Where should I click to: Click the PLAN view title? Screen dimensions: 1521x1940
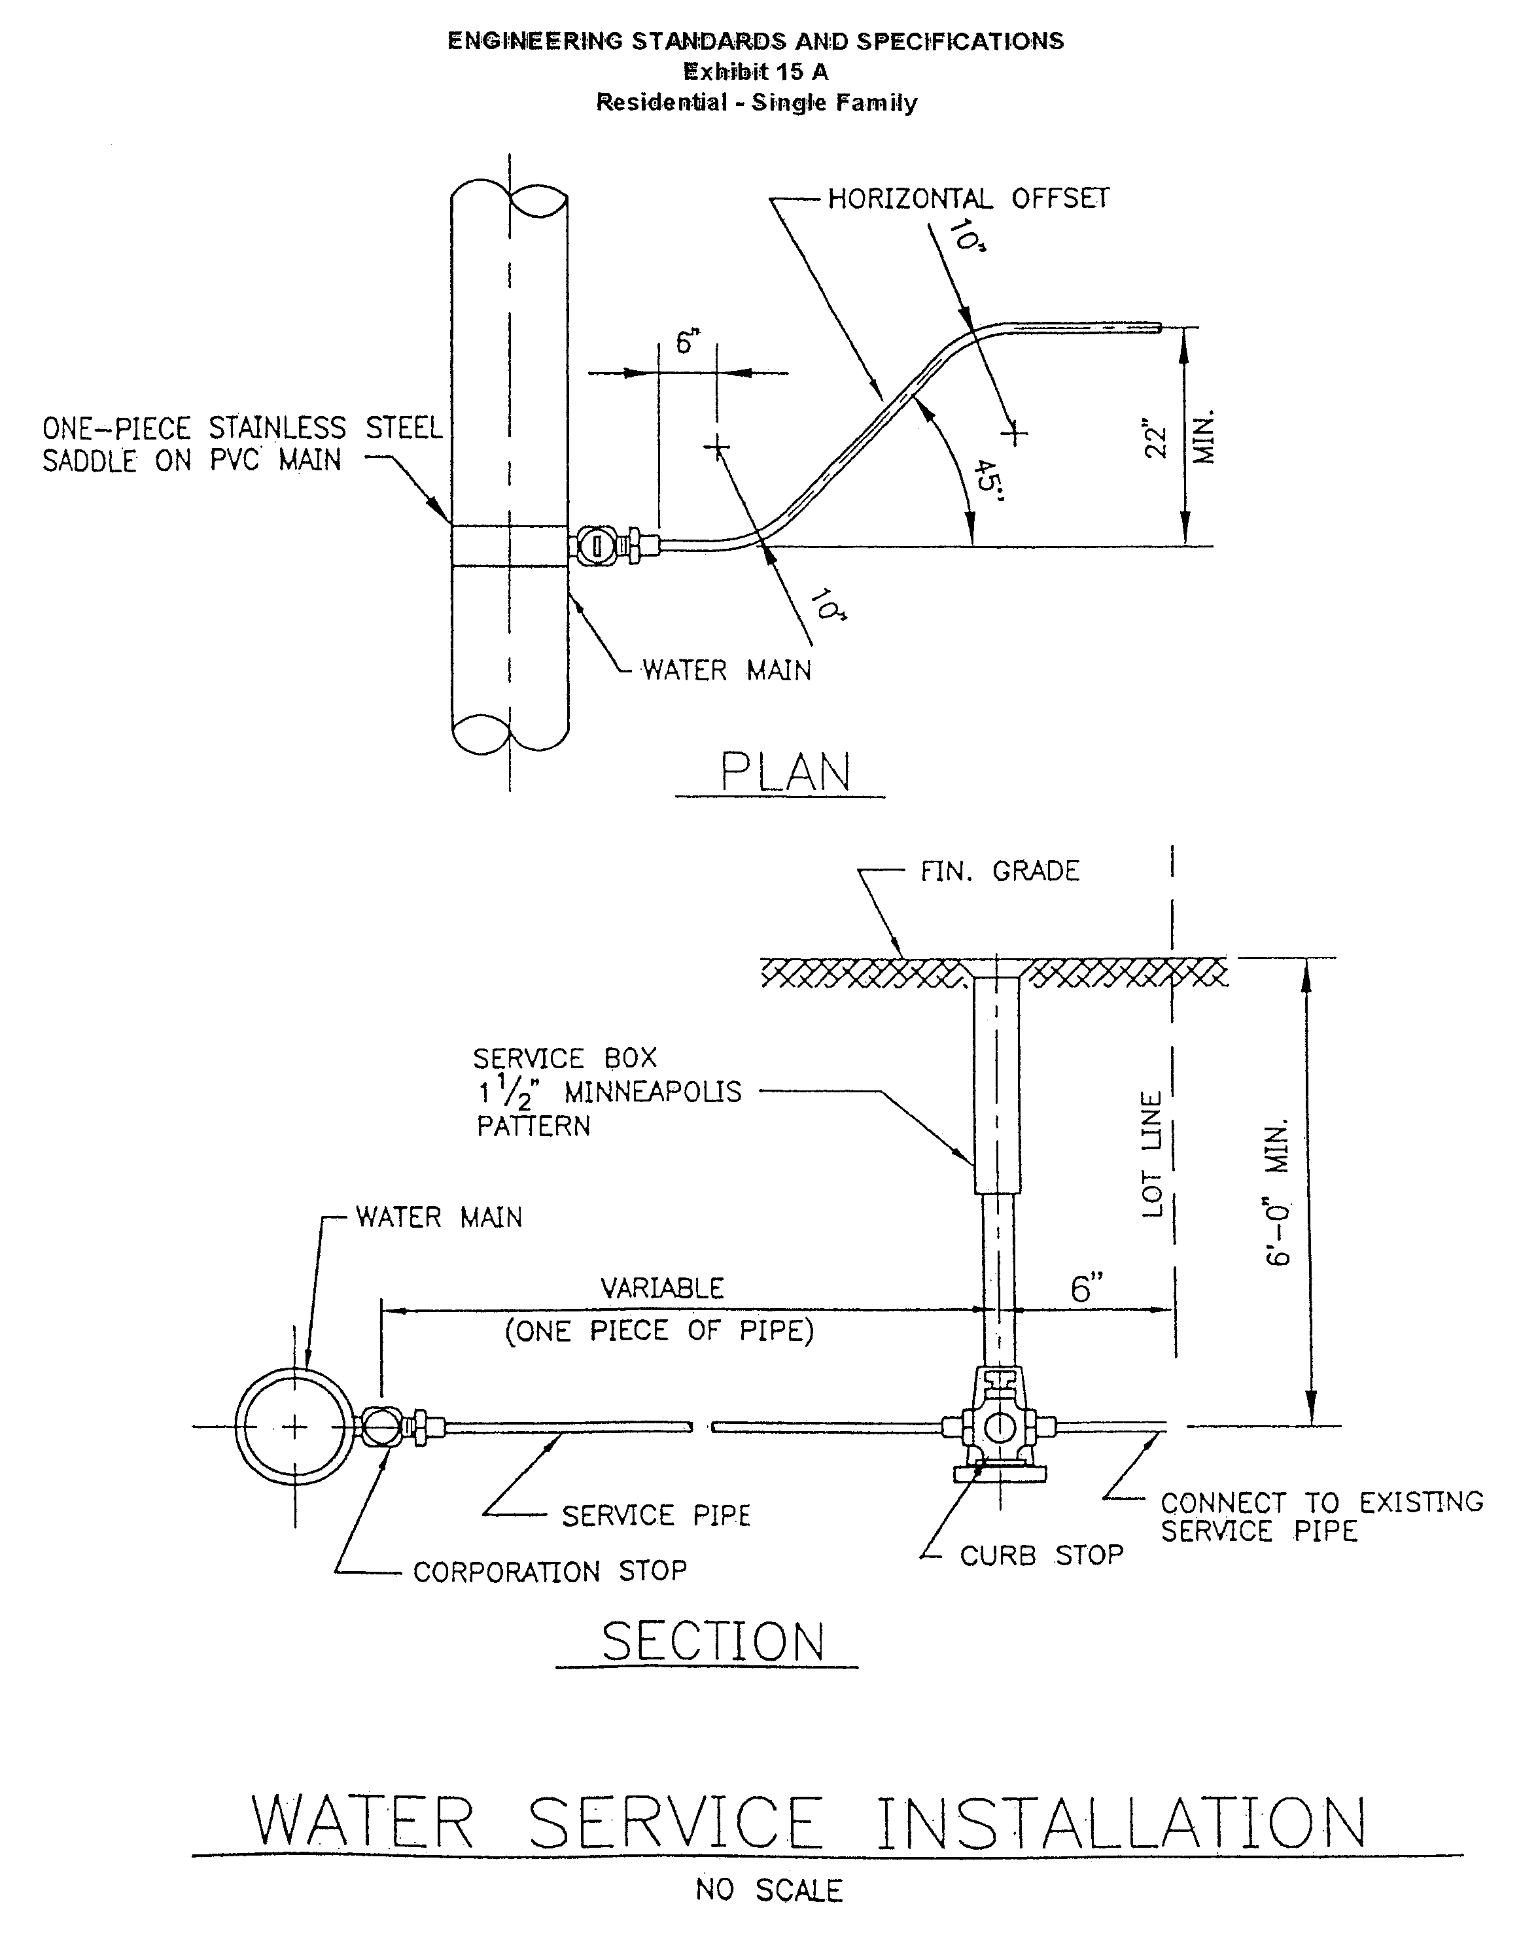click(x=784, y=772)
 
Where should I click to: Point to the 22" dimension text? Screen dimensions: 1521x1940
click(x=1156, y=438)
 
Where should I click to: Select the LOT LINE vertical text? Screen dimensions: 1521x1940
click(x=1152, y=1154)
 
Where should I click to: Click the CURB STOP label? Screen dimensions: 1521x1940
click(x=1041, y=1555)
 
